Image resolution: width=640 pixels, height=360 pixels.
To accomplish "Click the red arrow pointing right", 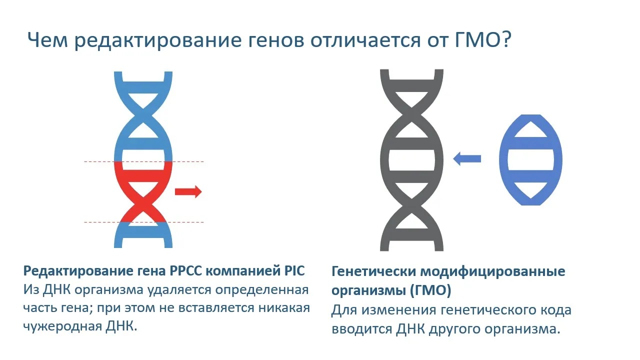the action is [188, 191].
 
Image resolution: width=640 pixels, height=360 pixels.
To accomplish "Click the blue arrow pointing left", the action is [467, 158].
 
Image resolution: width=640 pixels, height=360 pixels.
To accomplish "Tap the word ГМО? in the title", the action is [482, 39].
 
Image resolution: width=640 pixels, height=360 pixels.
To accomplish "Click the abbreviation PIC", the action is [294, 270].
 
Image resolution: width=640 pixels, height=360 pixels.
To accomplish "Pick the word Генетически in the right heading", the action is [373, 271].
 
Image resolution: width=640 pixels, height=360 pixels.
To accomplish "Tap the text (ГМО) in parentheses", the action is [430, 290].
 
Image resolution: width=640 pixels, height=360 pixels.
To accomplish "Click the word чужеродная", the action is [62, 326].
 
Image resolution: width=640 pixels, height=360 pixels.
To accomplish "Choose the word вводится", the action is [361, 329].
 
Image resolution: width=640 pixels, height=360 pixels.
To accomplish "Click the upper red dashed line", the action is [143, 161].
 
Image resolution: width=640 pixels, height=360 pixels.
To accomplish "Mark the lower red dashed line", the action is [143, 222].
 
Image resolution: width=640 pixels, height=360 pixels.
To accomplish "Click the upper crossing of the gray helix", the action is [411, 115].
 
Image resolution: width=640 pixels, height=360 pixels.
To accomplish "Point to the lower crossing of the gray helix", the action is [411, 205].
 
